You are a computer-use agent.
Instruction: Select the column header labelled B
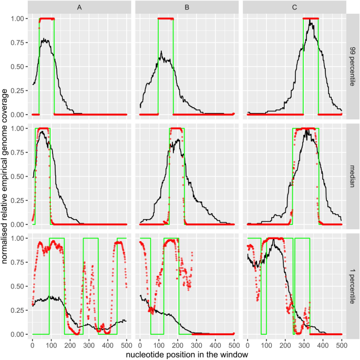[187, 7]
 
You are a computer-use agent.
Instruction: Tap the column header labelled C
[294, 7]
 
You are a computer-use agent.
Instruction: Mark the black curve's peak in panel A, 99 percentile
[45, 39]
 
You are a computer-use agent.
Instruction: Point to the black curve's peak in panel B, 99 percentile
[161, 52]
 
